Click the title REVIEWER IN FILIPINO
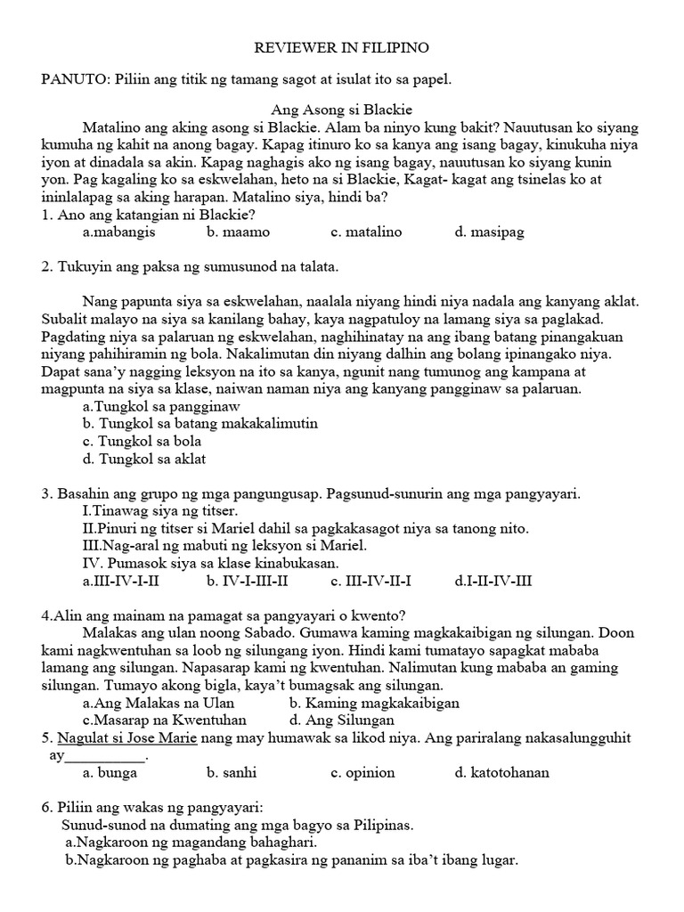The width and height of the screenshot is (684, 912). click(343, 45)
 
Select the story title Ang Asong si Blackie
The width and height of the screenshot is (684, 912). click(341, 110)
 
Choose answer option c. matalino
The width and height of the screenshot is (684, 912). click(366, 232)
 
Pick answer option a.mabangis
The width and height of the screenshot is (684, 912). click(118, 232)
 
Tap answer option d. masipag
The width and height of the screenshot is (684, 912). click(489, 232)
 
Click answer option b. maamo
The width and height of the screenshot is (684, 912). click(238, 232)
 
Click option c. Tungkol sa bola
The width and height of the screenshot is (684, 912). click(142, 442)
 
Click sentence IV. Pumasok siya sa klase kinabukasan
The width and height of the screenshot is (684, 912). click(208, 564)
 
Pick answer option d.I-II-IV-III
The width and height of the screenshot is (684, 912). click(493, 582)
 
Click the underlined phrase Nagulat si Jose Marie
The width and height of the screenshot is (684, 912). click(126, 738)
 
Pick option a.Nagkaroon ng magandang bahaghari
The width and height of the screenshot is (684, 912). click(191, 842)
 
